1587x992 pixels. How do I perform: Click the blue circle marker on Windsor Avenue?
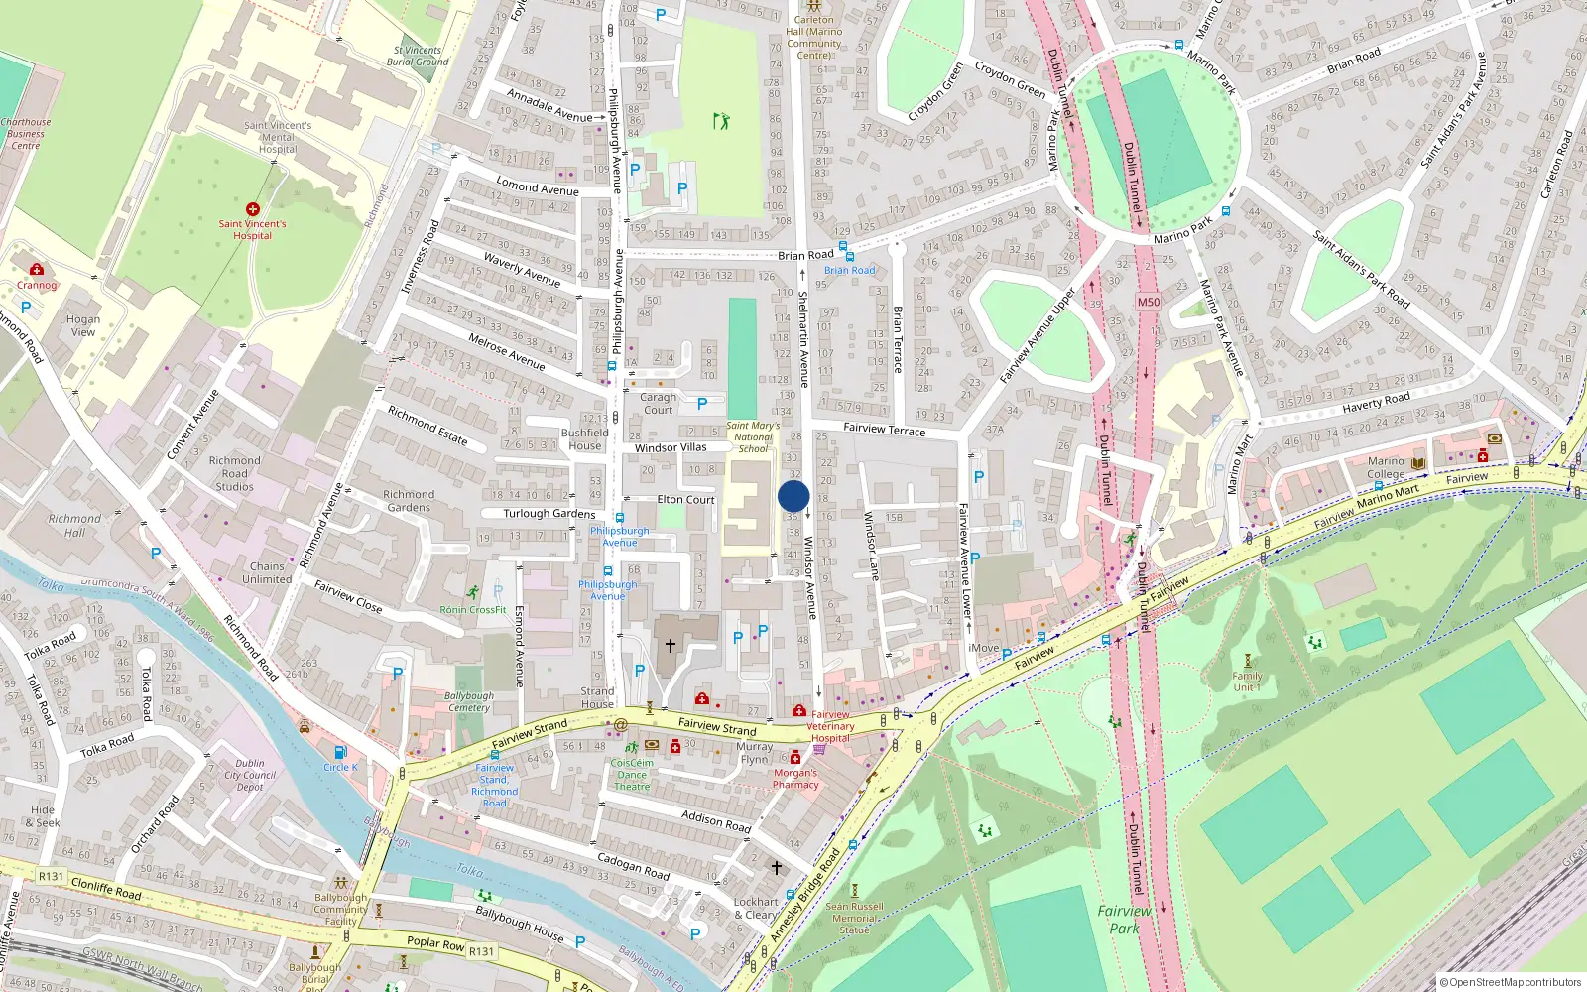pyautogui.click(x=793, y=496)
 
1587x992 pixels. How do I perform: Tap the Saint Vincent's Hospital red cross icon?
pyautogui.click(x=253, y=209)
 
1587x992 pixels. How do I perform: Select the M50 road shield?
pyautogui.click(x=1149, y=302)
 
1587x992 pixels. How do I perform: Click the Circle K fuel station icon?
pyautogui.click(x=340, y=752)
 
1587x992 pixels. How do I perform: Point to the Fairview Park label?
pyautogui.click(x=1124, y=919)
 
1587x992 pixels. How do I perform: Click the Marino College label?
pyautogui.click(x=1386, y=467)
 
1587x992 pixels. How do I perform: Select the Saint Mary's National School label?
pyautogui.click(x=753, y=437)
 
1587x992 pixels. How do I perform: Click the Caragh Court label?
pyautogui.click(x=658, y=403)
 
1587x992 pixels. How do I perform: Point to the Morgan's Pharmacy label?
pyautogui.click(x=795, y=778)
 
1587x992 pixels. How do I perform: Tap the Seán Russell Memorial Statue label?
pyautogui.click(x=854, y=918)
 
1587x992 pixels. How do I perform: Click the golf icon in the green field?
pyautogui.click(x=721, y=121)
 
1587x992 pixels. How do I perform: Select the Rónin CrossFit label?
pyautogui.click(x=473, y=610)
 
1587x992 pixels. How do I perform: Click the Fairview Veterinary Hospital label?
pyautogui.click(x=830, y=726)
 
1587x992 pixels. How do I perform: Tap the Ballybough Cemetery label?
pyautogui.click(x=469, y=701)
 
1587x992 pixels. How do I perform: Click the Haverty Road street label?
pyautogui.click(x=1376, y=402)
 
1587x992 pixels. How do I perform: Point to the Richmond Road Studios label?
pyautogui.click(x=235, y=473)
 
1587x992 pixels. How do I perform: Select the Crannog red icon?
pyautogui.click(x=37, y=269)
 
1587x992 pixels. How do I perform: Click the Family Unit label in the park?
pyautogui.click(x=1247, y=682)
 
